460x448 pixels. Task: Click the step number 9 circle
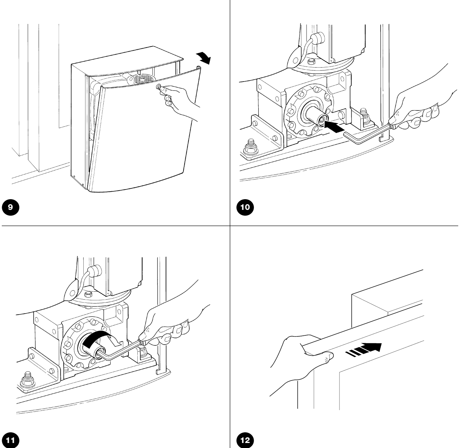(x=10, y=207)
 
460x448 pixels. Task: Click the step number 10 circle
(x=245, y=207)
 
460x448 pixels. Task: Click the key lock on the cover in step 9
(x=158, y=87)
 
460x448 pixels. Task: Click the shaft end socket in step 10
(x=323, y=120)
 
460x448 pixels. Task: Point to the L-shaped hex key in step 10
(x=368, y=134)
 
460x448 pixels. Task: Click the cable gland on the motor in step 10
(x=318, y=39)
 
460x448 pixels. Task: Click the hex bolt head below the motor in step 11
(x=88, y=295)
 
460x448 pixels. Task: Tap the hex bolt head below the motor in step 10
(x=312, y=62)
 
